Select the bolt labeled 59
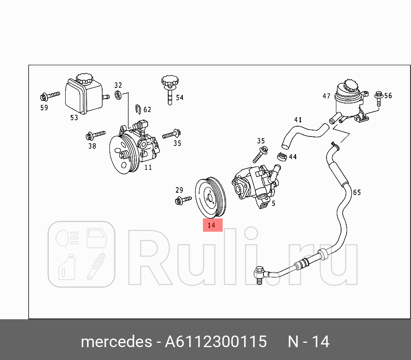pyautogui.click(x=49, y=95)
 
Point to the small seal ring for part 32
pyautogui.click(x=118, y=95)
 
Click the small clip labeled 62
pyautogui.click(x=138, y=109)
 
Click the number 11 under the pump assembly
pyautogui.click(x=148, y=167)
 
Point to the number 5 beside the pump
pyautogui.click(x=273, y=204)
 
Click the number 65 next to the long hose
pyautogui.click(x=357, y=193)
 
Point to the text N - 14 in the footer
pyautogui.click(x=308, y=342)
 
